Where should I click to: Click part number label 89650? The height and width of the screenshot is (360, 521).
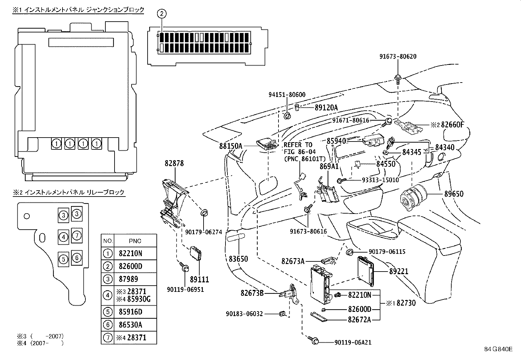[x=454, y=194]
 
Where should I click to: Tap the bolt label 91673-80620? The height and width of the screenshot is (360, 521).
[x=398, y=56]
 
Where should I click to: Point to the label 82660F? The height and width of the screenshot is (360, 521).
[x=453, y=124]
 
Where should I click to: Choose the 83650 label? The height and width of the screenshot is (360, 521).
[x=238, y=259]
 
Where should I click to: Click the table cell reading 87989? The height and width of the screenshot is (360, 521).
[x=128, y=279]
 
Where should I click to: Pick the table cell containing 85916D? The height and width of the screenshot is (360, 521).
[x=130, y=312]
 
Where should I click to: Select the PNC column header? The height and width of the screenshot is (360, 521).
[x=135, y=241]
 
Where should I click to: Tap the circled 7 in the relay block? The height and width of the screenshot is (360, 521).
[x=77, y=235]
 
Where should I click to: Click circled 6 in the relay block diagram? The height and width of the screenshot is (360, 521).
[x=77, y=258]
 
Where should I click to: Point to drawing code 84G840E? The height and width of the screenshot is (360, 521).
[x=498, y=349]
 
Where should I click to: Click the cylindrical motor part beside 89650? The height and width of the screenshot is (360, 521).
[x=412, y=198]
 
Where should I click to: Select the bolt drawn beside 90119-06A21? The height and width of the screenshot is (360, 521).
[x=314, y=341]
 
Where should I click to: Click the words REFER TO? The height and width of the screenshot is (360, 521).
[x=298, y=145]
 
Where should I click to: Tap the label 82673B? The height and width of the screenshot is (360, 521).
[x=252, y=293]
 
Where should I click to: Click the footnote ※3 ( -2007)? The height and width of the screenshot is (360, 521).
[x=40, y=336]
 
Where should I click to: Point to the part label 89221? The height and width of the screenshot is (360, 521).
[x=399, y=272]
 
